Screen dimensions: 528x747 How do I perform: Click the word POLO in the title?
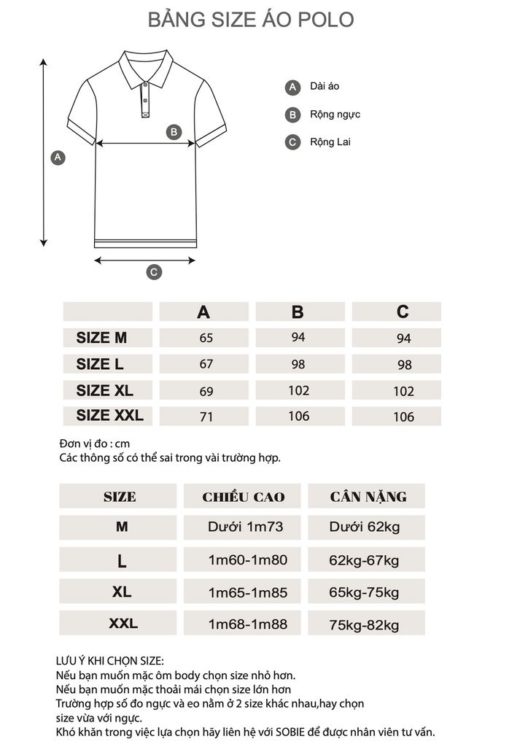(x=326, y=20)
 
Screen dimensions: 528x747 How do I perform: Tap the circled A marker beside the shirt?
(x=58, y=158)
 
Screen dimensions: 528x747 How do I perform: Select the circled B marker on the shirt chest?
(x=174, y=132)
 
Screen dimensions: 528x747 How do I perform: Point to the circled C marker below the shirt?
(x=154, y=272)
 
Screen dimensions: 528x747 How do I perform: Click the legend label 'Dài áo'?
(x=325, y=86)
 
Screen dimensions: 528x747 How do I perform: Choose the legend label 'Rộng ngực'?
(x=335, y=115)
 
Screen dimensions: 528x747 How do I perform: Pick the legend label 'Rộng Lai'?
(x=330, y=142)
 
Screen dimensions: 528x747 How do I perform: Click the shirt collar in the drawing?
(x=146, y=66)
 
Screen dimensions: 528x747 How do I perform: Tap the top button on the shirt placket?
(x=146, y=86)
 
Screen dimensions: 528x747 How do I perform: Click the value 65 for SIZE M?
(x=206, y=338)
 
